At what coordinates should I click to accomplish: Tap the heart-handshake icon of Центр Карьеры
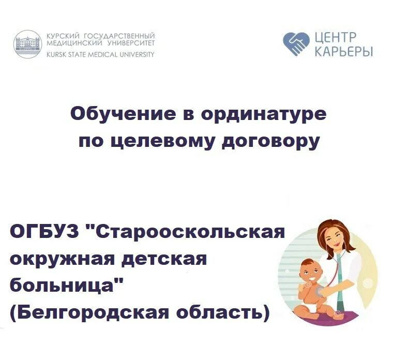pyautogui.click(x=296, y=44)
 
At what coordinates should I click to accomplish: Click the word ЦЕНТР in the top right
pyautogui.click(x=335, y=37)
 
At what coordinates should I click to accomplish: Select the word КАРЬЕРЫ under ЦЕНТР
pyautogui.click(x=343, y=52)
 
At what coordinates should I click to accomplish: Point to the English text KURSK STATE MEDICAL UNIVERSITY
pyautogui.click(x=100, y=54)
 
